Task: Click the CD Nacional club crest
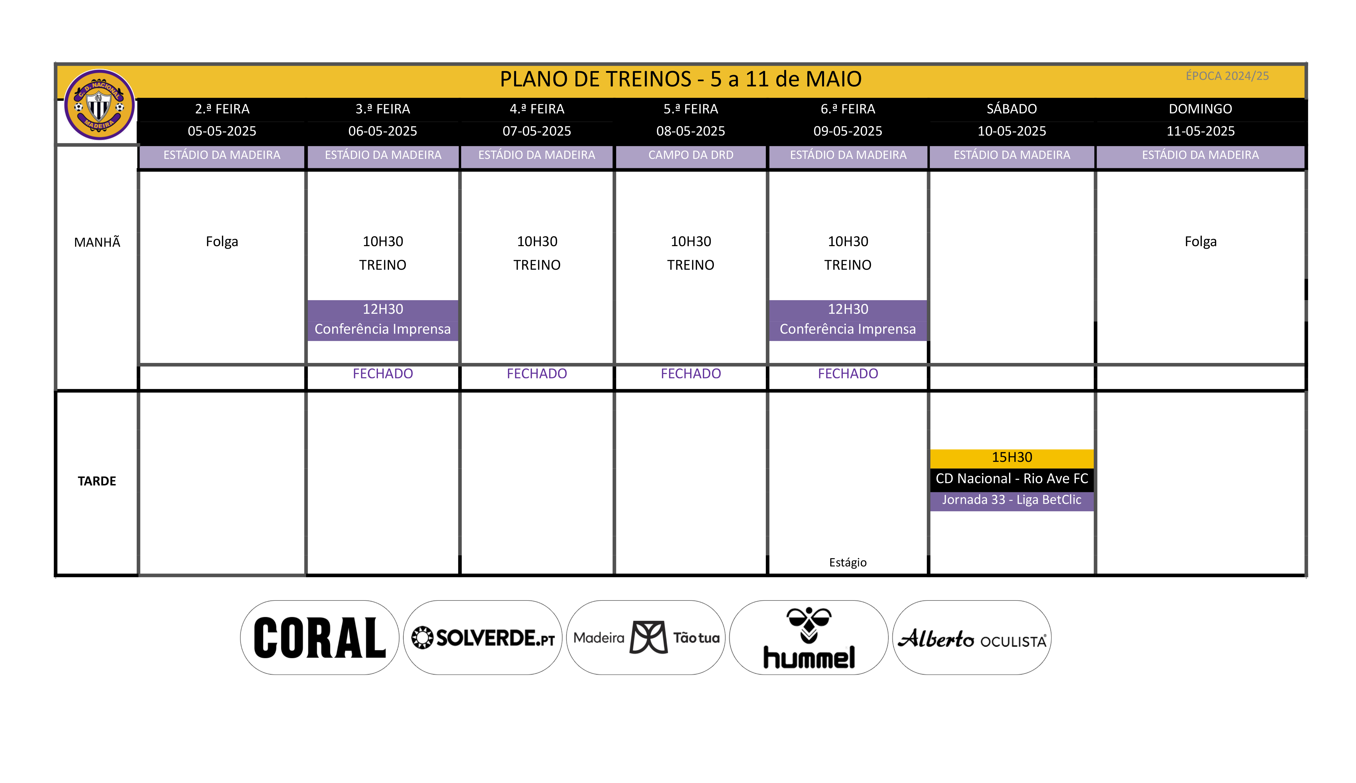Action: pos(99,104)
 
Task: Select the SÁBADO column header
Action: pos(1011,109)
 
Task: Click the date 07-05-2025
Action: pos(536,131)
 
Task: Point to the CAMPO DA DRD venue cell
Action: pos(691,155)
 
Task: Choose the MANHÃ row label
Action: pos(97,242)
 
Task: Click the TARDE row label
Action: pos(97,481)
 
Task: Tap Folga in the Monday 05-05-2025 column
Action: pos(222,242)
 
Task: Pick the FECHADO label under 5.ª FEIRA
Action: pos(691,374)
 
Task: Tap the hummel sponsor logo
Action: pos(809,638)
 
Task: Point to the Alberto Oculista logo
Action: pos(972,638)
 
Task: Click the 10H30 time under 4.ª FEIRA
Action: pos(536,242)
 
